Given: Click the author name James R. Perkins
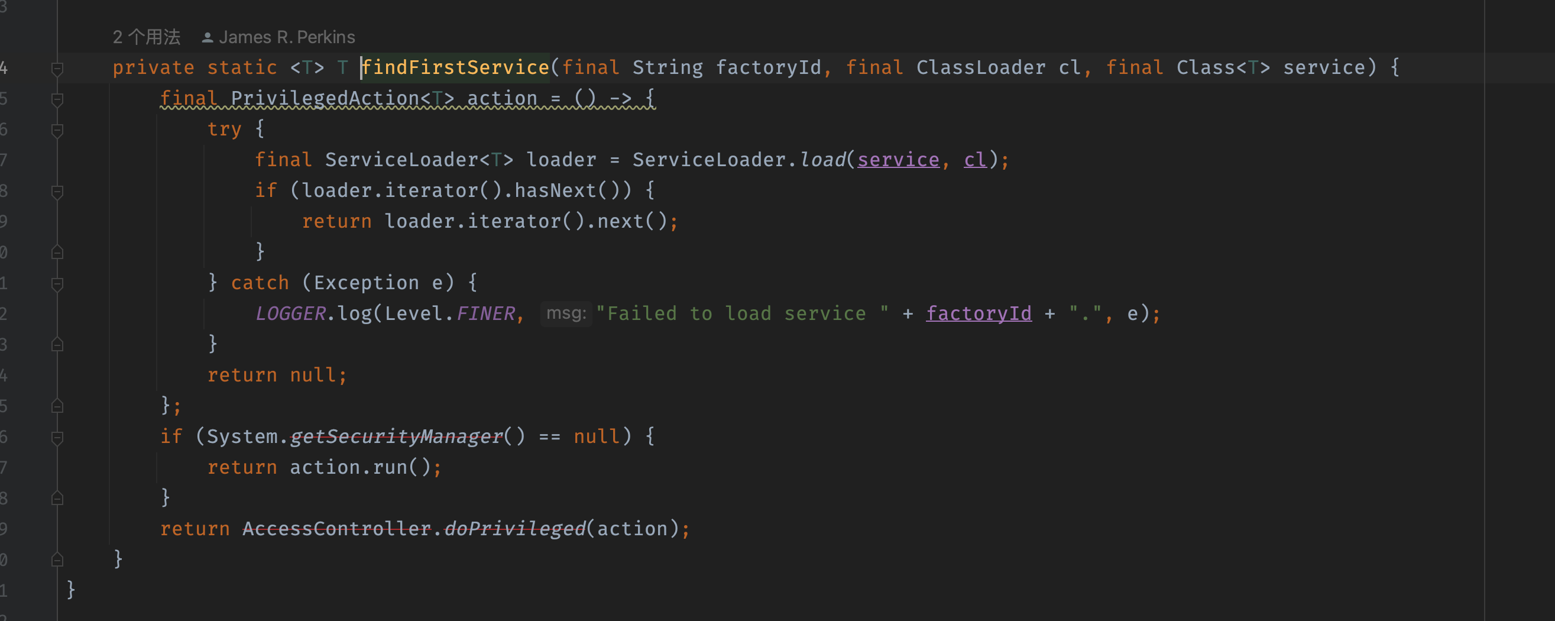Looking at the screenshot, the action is pyautogui.click(x=287, y=37).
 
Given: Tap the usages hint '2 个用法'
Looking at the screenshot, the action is pyautogui.click(x=146, y=37).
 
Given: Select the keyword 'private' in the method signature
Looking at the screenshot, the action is pyautogui.click(x=153, y=67).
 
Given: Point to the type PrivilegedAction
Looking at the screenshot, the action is pyautogui.click(x=325, y=98).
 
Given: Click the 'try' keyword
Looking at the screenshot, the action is pyautogui.click(x=224, y=129).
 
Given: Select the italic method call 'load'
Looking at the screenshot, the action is pyautogui.click(x=823, y=160).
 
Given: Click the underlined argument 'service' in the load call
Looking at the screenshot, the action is pyautogui.click(x=898, y=160).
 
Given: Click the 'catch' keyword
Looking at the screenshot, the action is pyautogui.click(x=260, y=283).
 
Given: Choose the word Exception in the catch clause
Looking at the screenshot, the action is pyautogui.click(x=366, y=283).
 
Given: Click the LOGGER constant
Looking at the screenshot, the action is pyautogui.click(x=290, y=313).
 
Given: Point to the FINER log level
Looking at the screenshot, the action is pyautogui.click(x=485, y=313).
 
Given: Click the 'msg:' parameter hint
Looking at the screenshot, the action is pyautogui.click(x=566, y=313).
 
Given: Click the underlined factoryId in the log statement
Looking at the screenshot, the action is pyautogui.click(x=979, y=313).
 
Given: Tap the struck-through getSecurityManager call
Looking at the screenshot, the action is pyautogui.click(x=396, y=436).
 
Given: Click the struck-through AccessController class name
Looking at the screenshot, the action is pyautogui.click(x=337, y=529).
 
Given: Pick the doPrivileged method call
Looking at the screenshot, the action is pyautogui.click(x=515, y=529).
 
